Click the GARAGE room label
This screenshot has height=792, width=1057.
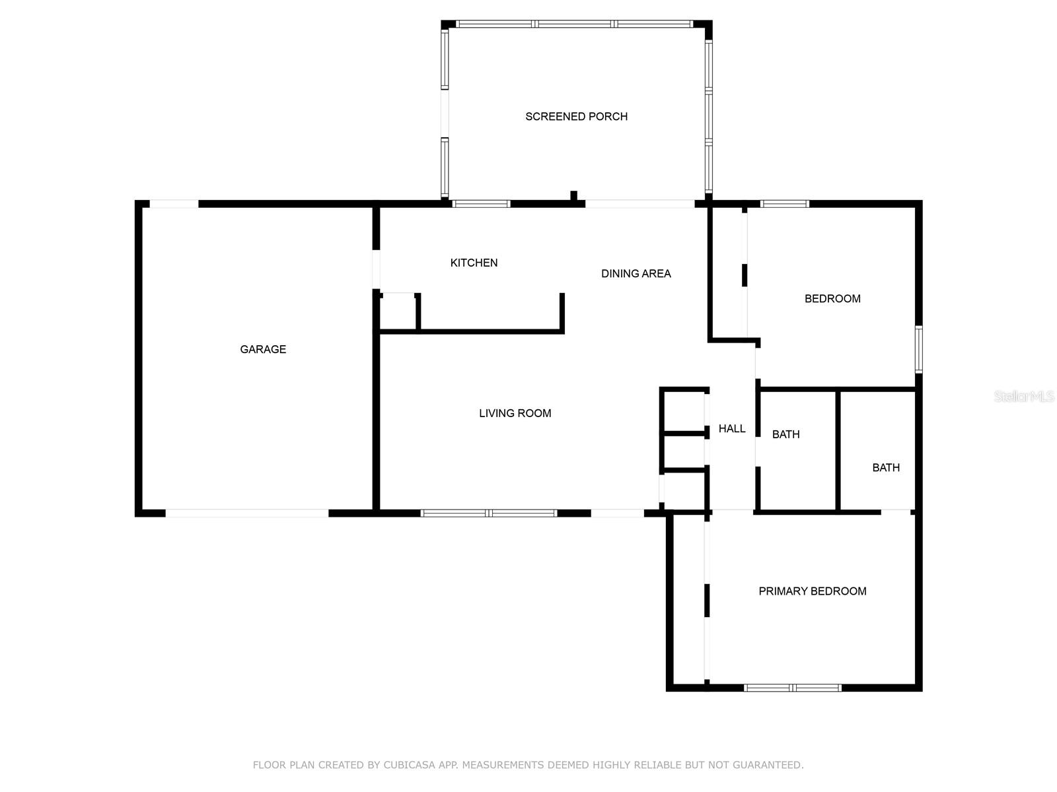point(263,350)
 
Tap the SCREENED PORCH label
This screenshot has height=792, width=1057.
point(577,117)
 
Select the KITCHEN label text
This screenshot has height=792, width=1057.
point(474,263)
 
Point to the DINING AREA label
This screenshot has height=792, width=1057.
point(636,274)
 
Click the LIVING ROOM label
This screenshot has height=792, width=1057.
point(515,413)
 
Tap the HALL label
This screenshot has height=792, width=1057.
point(732,428)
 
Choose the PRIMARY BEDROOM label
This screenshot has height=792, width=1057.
point(813,591)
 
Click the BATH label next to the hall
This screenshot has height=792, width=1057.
point(786,435)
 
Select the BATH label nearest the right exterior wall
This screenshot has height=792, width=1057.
point(886,468)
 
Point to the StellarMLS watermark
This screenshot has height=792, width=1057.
point(1024,396)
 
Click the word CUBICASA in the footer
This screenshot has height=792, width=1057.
point(410,765)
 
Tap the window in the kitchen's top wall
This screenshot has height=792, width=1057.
point(481,204)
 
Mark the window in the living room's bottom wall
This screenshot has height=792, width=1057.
point(489,513)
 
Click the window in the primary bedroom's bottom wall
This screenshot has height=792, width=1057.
point(793,688)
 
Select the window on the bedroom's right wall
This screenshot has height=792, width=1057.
point(919,350)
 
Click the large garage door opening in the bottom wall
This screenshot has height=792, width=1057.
point(247,513)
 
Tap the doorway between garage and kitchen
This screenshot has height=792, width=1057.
point(376,269)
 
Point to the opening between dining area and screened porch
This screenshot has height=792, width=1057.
point(640,204)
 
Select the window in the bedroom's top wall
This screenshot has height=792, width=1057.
point(785,204)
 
